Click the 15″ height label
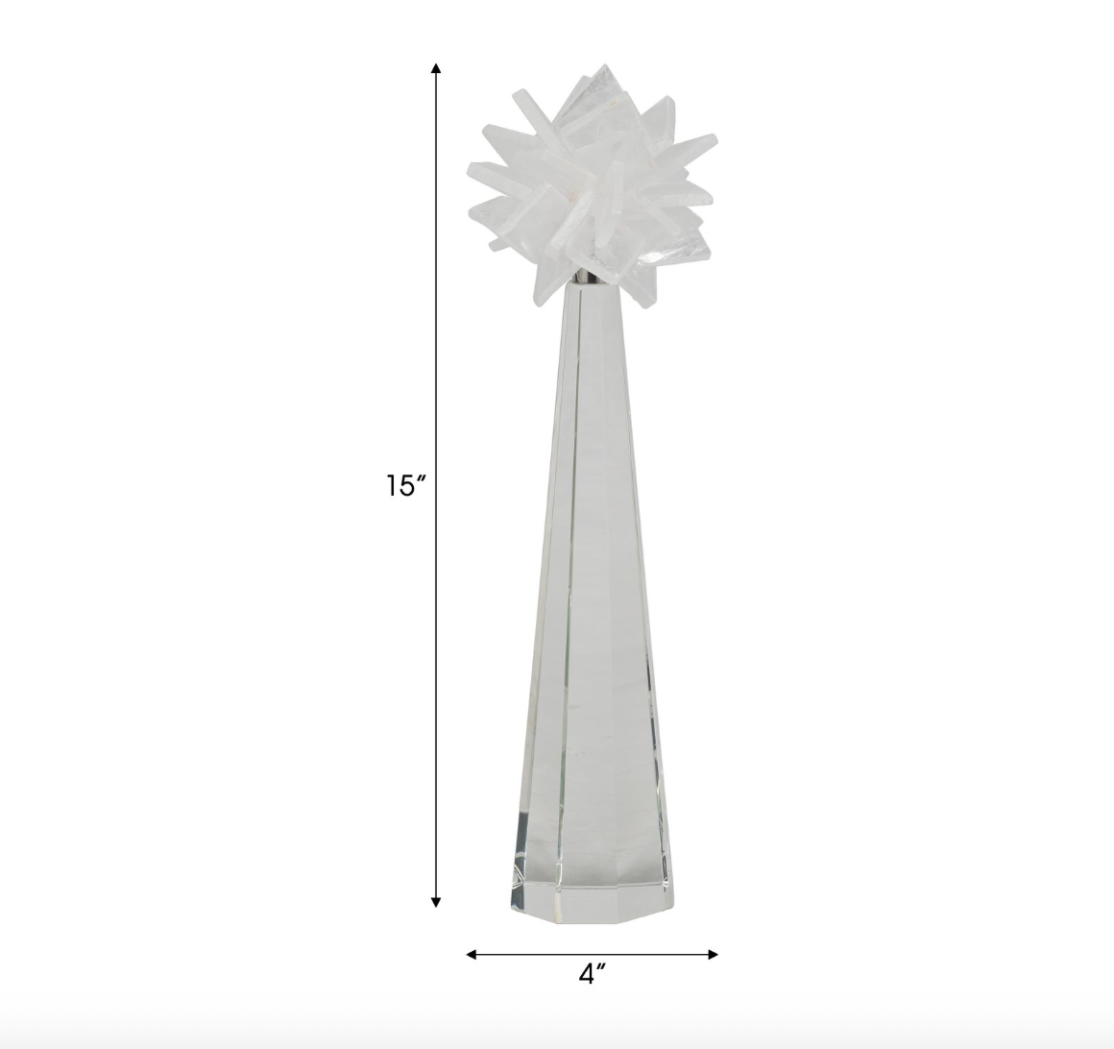tap(405, 486)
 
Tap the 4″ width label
tap(592, 974)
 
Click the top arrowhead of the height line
tap(436, 68)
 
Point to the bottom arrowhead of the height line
tap(436, 901)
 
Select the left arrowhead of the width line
tap(472, 955)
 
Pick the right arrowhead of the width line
tap(712, 955)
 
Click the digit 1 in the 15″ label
tap(392, 487)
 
